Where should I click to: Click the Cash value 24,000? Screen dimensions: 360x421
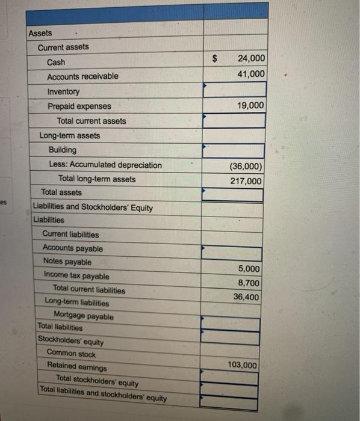(x=250, y=58)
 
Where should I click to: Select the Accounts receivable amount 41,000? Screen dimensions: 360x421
(x=250, y=74)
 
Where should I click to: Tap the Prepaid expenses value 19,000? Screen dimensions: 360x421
(x=250, y=105)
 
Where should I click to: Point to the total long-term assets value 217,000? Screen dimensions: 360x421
(x=246, y=181)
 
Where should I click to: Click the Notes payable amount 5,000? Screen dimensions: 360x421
(x=249, y=269)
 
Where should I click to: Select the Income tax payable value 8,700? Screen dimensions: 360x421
(x=249, y=283)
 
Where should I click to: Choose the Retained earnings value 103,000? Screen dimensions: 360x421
(x=243, y=365)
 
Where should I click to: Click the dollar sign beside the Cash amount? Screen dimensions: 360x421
(x=214, y=59)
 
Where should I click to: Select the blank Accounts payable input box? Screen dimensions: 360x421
(x=232, y=254)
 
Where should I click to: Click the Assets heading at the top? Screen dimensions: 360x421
(x=40, y=33)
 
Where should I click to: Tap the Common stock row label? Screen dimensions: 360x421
(x=71, y=354)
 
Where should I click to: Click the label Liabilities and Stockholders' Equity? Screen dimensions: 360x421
(x=93, y=207)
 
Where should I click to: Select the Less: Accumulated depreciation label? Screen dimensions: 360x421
(x=105, y=165)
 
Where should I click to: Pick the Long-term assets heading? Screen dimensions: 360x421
(x=70, y=135)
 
